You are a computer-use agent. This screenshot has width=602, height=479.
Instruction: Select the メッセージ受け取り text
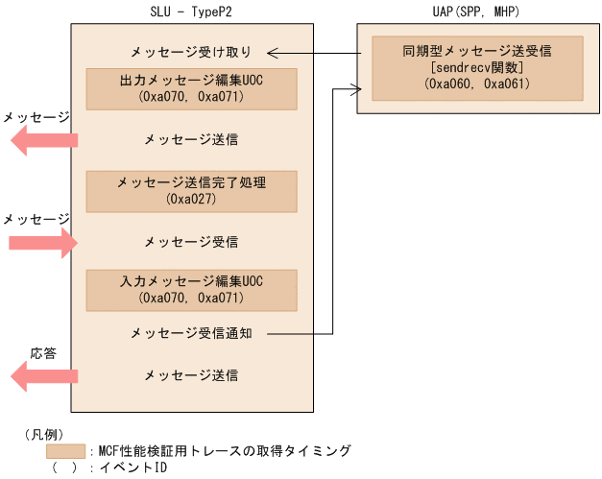click(x=191, y=51)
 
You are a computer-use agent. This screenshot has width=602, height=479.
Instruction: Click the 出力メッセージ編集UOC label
click(x=191, y=80)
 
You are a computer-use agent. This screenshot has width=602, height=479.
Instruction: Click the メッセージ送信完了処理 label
click(x=191, y=182)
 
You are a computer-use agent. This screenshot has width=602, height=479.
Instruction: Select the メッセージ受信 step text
click(x=191, y=240)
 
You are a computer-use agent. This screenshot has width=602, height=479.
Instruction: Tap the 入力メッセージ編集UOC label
click(x=191, y=281)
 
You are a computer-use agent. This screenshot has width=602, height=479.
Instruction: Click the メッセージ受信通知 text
click(x=191, y=333)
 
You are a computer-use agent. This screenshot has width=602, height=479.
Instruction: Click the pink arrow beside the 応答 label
click(x=43, y=374)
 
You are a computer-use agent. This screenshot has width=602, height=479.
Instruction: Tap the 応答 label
click(x=43, y=353)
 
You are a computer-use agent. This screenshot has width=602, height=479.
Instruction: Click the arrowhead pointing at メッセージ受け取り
click(x=273, y=52)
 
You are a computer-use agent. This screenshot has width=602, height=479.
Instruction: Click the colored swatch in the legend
click(x=65, y=450)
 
